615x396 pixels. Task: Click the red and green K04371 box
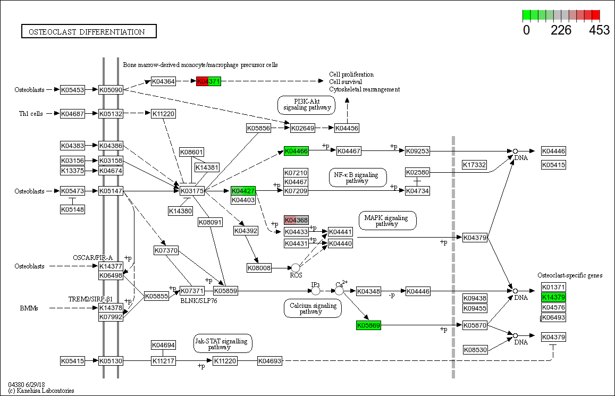coord(208,81)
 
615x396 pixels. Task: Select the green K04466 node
coord(296,151)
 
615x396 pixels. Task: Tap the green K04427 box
coord(243,190)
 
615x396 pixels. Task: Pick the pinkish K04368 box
coord(296,220)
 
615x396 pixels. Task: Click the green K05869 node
coord(368,325)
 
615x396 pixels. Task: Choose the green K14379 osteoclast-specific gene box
coord(553,297)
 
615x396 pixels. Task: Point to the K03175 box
coord(192,191)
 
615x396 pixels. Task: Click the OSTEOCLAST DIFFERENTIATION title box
coord(89,32)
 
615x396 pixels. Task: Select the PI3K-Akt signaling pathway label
coord(307,104)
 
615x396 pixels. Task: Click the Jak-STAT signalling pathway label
coord(223,343)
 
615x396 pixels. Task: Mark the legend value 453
coord(600,30)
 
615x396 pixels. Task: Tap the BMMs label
coord(29,308)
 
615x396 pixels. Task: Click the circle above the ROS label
coord(296,268)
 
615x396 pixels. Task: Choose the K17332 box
coord(474,165)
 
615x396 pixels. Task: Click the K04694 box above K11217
coord(163,346)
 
